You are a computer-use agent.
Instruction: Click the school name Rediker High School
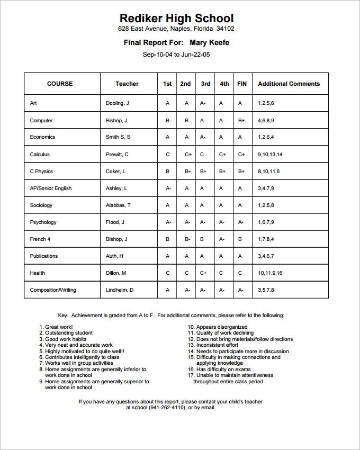(176, 19)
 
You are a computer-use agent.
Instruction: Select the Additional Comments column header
(289, 84)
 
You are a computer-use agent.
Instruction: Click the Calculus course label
(40, 155)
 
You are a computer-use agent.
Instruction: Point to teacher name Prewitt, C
(117, 155)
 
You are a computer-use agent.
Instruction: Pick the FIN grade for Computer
(241, 121)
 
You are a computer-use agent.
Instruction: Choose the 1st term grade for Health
(167, 273)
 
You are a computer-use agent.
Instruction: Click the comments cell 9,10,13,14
(270, 155)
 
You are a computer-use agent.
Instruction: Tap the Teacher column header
(127, 84)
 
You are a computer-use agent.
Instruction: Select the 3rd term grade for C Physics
(203, 172)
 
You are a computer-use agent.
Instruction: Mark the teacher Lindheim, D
(120, 290)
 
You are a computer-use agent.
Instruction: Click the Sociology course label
(41, 205)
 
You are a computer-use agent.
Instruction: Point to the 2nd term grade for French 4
(187, 239)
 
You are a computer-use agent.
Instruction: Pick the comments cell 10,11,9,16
(270, 273)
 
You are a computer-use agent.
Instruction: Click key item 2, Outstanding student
(68, 333)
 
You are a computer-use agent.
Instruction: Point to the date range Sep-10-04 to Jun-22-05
(176, 54)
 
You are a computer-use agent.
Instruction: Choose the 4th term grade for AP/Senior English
(222, 188)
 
